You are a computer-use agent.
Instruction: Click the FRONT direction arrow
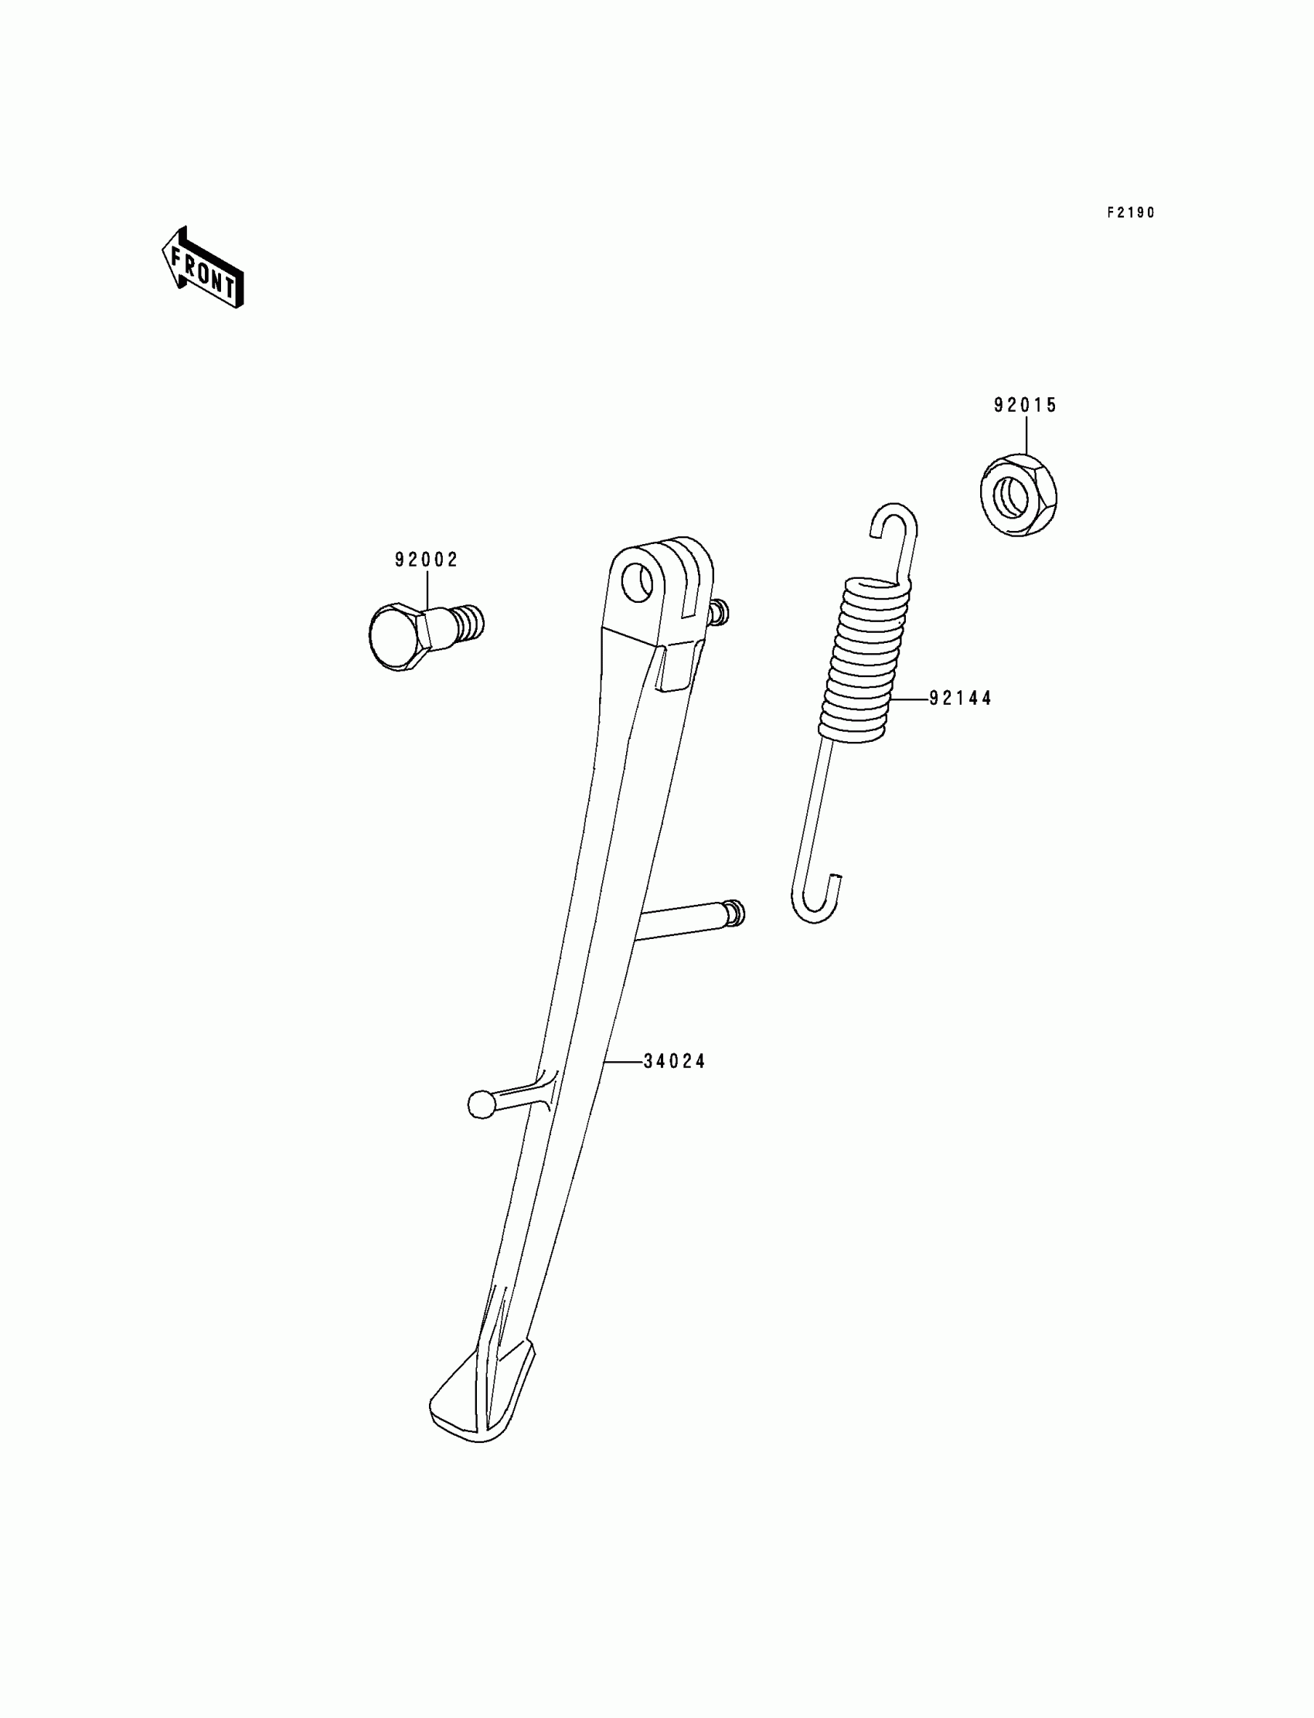click(x=203, y=268)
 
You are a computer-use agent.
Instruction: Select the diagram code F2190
click(x=1130, y=213)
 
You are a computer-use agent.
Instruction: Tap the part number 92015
click(x=1025, y=405)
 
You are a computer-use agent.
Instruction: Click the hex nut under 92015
click(x=1020, y=496)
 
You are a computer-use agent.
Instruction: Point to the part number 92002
click(x=426, y=560)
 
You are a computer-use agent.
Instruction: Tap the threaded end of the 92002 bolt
click(x=469, y=621)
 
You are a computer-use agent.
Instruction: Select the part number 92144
click(x=961, y=699)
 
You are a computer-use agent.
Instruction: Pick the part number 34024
click(x=674, y=1062)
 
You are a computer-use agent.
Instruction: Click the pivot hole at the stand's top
click(x=638, y=583)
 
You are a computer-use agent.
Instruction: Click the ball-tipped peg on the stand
click(x=480, y=1104)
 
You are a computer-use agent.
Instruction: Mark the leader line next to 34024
click(x=622, y=1062)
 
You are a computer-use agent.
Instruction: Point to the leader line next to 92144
click(x=909, y=699)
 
